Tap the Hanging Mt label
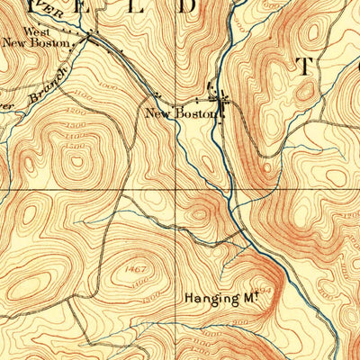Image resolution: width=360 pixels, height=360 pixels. (x=215, y=296)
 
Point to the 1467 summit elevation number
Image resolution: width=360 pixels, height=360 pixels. (x=137, y=268)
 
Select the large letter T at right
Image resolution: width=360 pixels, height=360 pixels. (x=303, y=67)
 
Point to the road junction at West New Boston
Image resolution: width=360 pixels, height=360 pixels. (x=89, y=37)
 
